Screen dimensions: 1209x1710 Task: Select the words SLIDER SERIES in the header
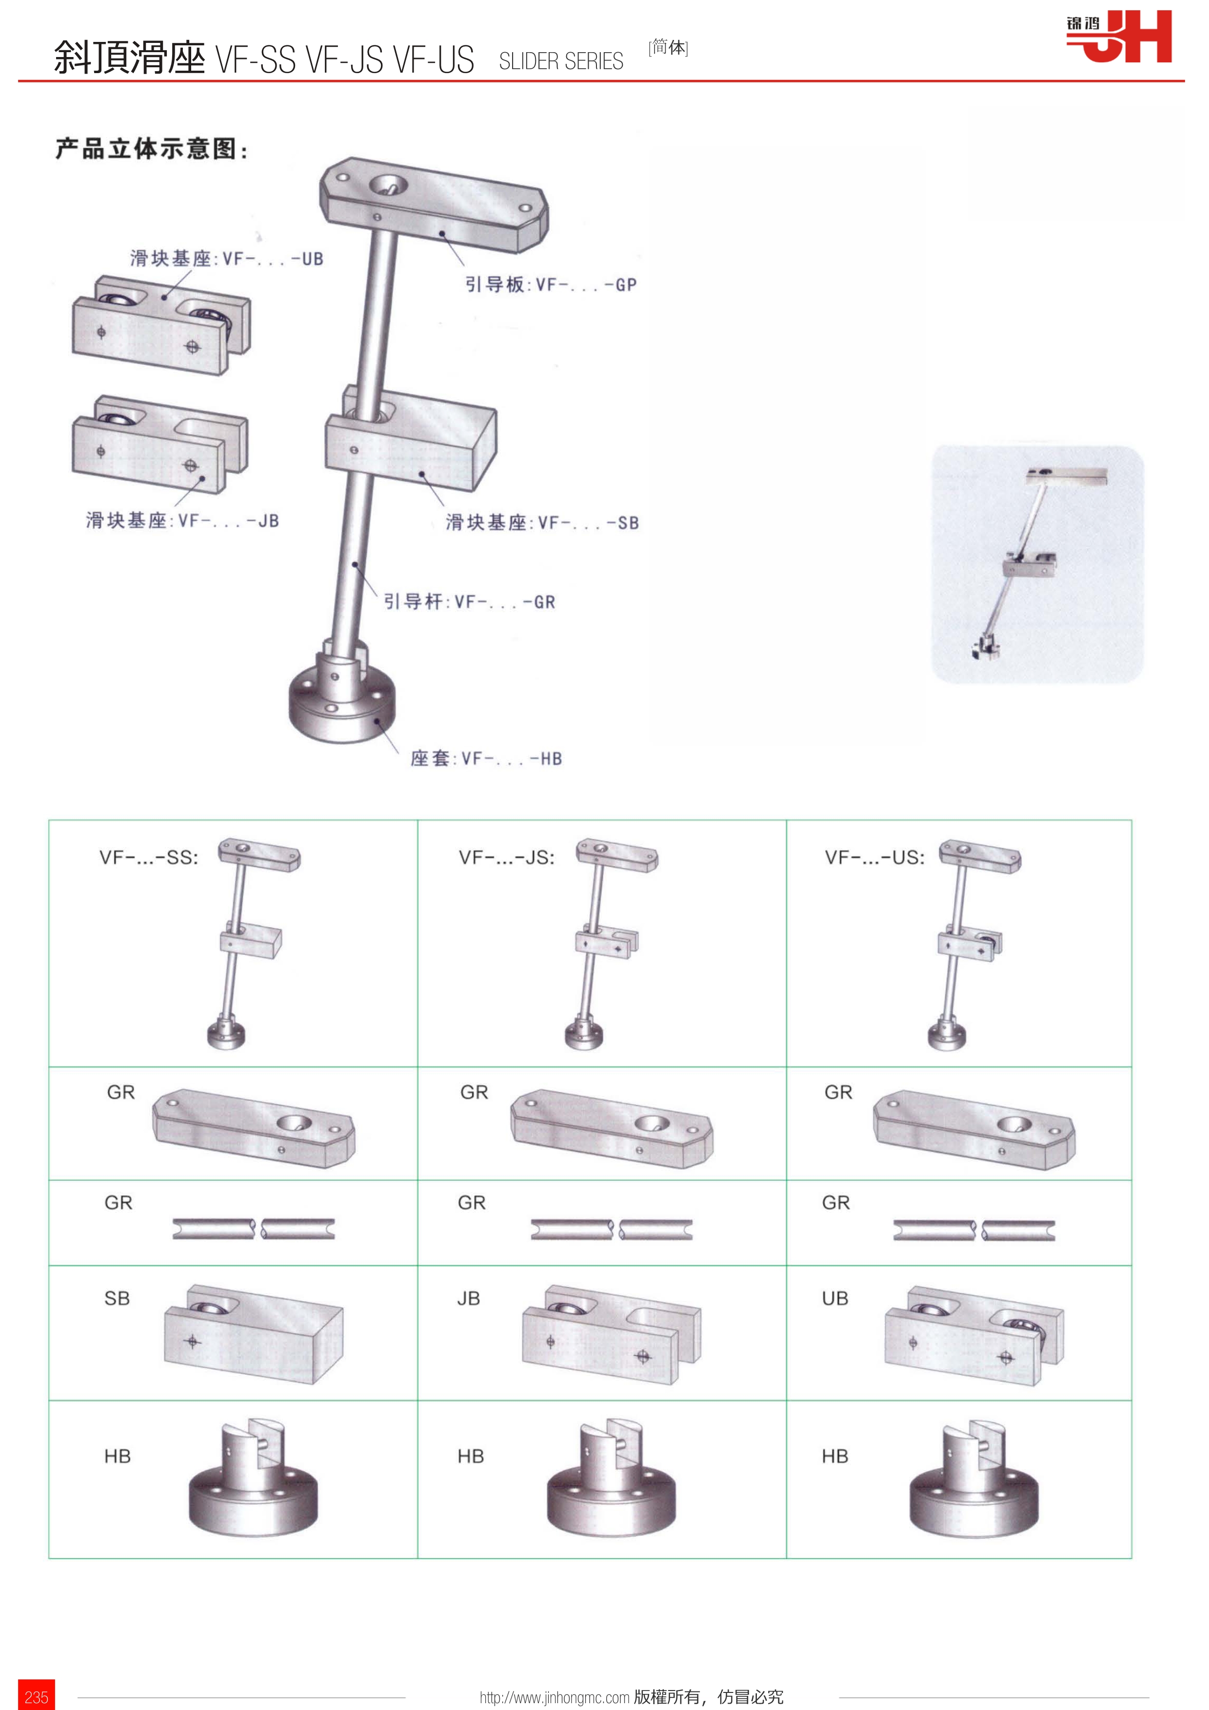tap(561, 61)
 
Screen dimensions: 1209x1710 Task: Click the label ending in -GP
tap(551, 285)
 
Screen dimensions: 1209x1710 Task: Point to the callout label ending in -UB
tap(226, 258)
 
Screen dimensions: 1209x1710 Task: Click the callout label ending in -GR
tap(469, 601)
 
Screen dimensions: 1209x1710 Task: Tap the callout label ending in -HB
tap(486, 758)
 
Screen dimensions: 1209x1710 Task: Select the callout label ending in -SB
tap(542, 522)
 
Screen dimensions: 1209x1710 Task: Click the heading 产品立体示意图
tap(151, 148)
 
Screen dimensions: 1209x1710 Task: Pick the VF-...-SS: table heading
tap(149, 857)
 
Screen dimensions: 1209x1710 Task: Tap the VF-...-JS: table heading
tap(507, 857)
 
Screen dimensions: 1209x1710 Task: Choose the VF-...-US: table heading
tap(874, 857)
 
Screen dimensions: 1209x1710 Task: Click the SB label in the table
tap(117, 1298)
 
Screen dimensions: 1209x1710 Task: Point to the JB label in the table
tap(469, 1298)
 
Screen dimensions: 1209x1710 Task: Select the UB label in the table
tap(835, 1298)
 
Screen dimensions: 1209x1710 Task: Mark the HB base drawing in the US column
tap(973, 1477)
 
